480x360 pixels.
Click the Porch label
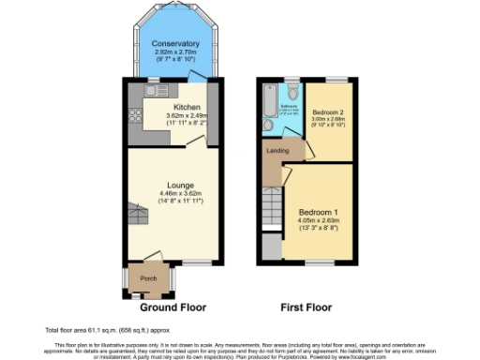(148, 278)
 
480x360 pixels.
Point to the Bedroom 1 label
(320, 212)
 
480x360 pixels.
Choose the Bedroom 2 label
(328, 112)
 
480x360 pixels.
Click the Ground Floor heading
(172, 307)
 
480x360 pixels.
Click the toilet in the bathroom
(293, 91)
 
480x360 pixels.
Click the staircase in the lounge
(139, 217)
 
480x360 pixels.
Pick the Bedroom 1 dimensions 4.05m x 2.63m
(320, 221)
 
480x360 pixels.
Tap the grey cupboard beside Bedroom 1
(272, 247)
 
